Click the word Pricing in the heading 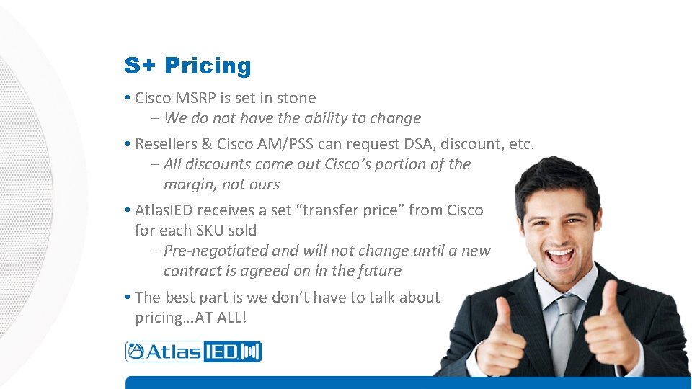[x=208, y=66]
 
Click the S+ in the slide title [x=141, y=66]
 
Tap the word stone [x=296, y=98]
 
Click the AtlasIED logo [x=193, y=352]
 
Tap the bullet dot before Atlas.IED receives [x=127, y=210]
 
